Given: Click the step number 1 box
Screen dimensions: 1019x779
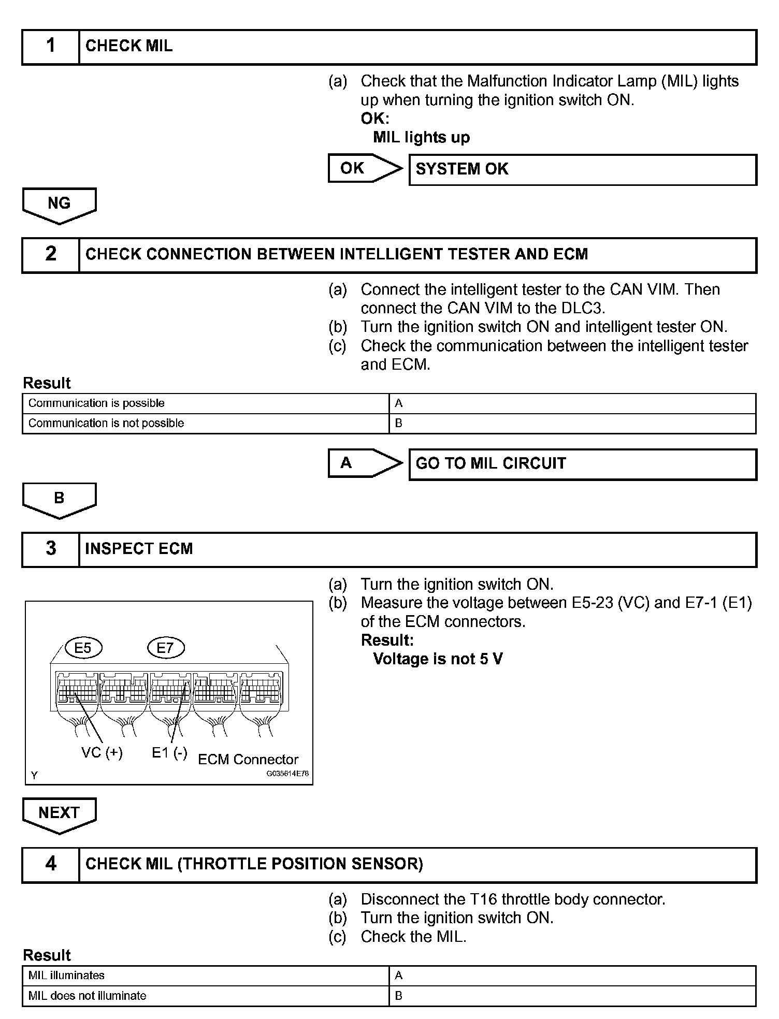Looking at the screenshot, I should coord(50,47).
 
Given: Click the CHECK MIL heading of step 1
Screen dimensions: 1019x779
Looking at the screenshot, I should coord(129,47).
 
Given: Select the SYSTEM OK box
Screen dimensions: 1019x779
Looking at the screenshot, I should coord(582,169).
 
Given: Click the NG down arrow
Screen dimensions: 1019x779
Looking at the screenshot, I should coord(59,205).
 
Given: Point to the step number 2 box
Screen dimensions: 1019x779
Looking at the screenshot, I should coord(50,255).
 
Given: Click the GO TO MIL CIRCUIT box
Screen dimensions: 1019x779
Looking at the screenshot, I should coord(582,464).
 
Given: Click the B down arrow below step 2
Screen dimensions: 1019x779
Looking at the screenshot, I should coord(59,500).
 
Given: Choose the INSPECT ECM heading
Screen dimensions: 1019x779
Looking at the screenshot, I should coord(139,549).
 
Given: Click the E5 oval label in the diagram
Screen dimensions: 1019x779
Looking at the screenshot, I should coord(83,648).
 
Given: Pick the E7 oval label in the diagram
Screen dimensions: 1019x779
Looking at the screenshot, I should coord(165,648).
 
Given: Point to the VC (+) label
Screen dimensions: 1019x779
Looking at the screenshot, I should coord(102,753).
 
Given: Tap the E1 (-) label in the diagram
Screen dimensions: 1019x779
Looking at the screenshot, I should coord(169,753).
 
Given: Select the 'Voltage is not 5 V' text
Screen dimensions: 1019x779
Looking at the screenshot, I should coord(438,659).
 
